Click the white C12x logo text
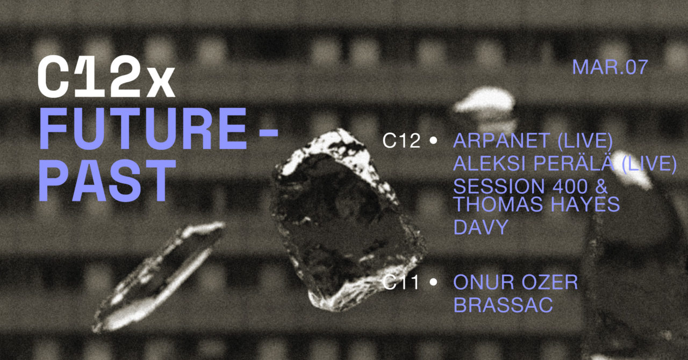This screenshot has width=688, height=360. point(106,77)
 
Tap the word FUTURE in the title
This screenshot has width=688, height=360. point(143,129)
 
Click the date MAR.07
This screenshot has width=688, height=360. point(610,67)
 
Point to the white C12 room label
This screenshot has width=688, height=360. point(402,141)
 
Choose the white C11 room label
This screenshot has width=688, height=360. point(401,282)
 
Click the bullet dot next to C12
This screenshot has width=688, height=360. point(433,141)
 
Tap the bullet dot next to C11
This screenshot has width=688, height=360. point(433,282)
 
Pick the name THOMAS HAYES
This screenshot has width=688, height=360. point(536,204)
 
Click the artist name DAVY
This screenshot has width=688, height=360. point(481,227)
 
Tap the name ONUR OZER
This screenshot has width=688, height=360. point(515,282)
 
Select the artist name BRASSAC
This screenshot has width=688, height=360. point(503,305)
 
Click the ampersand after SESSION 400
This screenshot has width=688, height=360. point(600,186)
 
